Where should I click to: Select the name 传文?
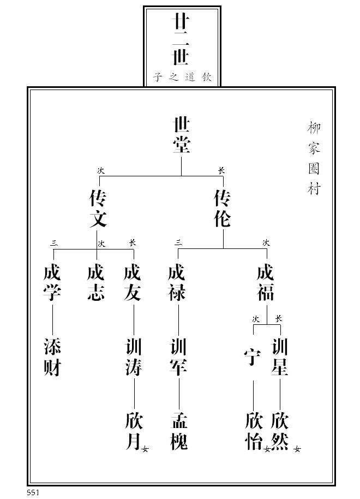tap(98, 208)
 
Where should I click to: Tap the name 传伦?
tap(223, 208)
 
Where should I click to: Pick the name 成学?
tap(52, 282)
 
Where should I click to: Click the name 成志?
tap(96, 282)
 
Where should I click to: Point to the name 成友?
tap(133, 282)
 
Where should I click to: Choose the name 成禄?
tap(177, 282)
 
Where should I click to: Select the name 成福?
tap(266, 282)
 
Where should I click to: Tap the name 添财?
tap(52, 357)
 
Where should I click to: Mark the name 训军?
tap(178, 357)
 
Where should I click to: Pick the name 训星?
tap(280, 357)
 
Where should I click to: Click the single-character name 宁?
tap(253, 358)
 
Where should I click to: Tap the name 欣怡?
tap(254, 431)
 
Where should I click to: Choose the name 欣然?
tap(280, 431)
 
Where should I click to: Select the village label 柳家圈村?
tap(314, 158)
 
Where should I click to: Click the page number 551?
tap(33, 493)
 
